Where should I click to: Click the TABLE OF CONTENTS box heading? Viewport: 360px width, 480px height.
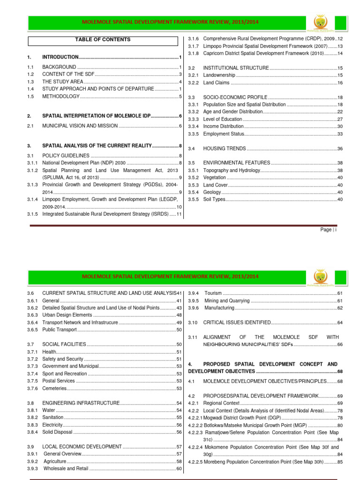point(103,40)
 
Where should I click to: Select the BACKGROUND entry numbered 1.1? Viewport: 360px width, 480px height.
point(59,67)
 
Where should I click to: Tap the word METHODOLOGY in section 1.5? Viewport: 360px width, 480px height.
point(61,96)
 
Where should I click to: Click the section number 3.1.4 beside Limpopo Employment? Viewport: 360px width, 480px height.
point(32,199)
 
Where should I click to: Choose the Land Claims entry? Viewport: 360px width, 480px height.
point(216,82)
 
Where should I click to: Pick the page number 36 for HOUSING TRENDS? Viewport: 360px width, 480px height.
point(340,149)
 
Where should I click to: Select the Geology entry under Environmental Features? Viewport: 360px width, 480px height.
point(212,192)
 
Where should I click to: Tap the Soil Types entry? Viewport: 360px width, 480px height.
point(215,199)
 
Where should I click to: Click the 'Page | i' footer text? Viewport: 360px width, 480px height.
point(329,230)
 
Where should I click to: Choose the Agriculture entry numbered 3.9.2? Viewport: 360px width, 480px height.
point(55,461)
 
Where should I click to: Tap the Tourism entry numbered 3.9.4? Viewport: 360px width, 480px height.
point(213,293)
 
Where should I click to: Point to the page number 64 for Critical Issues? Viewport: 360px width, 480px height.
point(340,322)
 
